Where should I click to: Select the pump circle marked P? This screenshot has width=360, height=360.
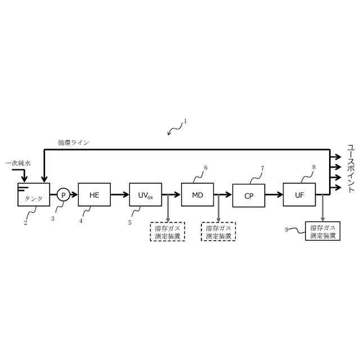(x=63, y=195)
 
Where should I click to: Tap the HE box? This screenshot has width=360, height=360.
(x=94, y=195)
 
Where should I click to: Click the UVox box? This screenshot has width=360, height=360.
(x=146, y=195)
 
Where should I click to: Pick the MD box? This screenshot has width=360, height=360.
(x=197, y=195)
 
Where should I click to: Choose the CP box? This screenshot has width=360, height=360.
(x=249, y=196)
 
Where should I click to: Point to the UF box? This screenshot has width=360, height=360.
(x=299, y=195)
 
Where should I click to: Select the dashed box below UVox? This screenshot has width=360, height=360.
(x=167, y=232)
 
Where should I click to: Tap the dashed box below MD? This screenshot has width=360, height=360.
(x=219, y=232)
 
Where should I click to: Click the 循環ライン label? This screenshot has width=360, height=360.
(x=73, y=143)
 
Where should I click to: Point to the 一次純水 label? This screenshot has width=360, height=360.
(x=18, y=163)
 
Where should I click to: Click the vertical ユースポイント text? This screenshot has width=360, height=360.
(x=350, y=169)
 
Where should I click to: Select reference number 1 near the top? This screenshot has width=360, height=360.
(x=185, y=120)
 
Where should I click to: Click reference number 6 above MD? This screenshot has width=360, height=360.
(x=205, y=168)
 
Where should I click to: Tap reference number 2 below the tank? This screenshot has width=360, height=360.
(x=25, y=222)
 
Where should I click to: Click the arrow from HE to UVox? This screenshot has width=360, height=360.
(x=120, y=195)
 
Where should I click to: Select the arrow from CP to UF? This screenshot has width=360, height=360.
(x=274, y=195)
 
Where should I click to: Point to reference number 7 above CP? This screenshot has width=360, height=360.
(x=262, y=168)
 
